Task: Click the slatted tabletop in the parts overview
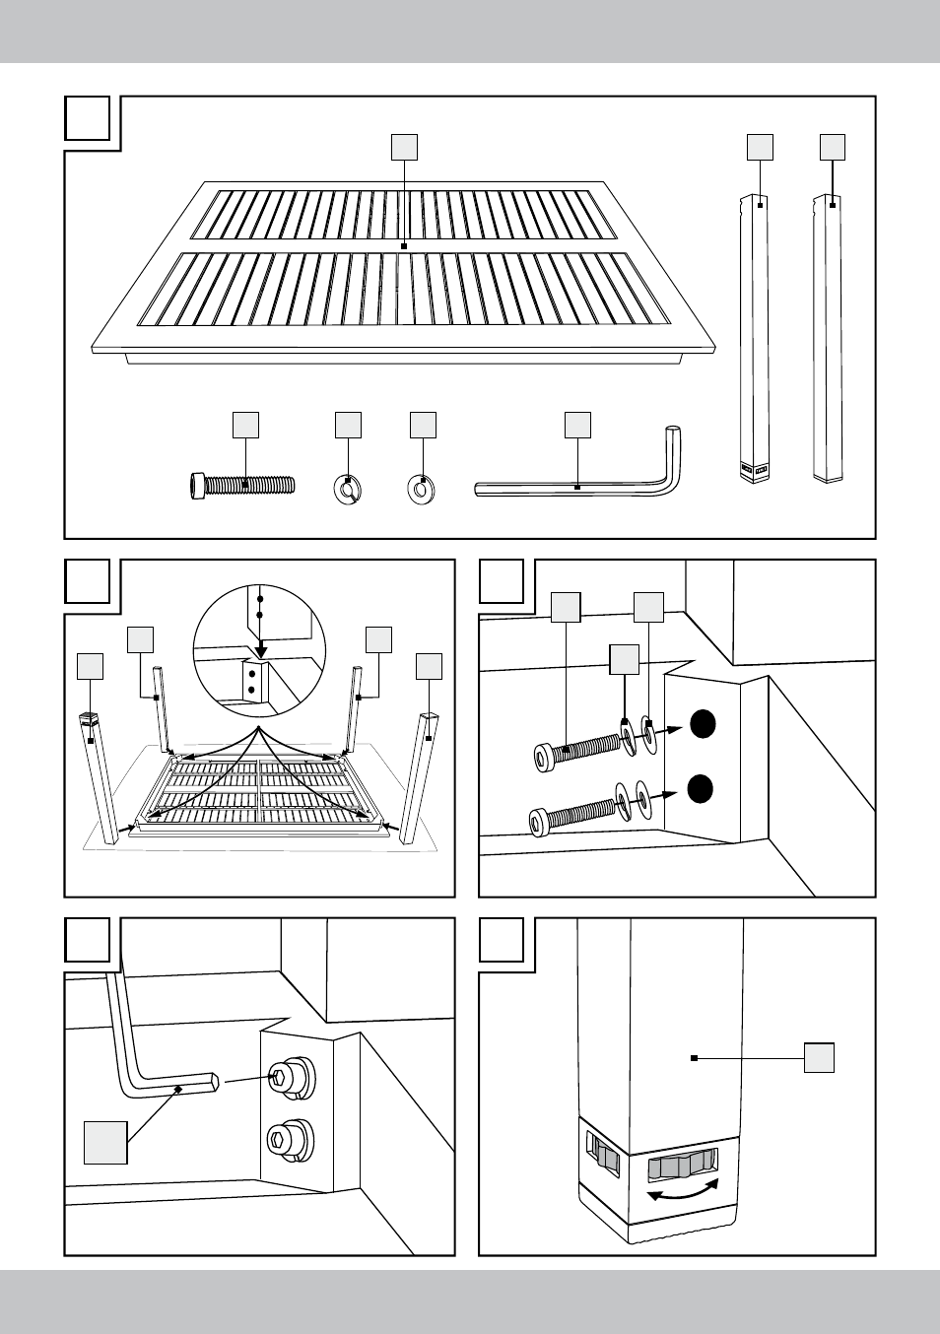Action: coord(404,266)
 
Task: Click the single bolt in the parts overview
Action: coord(242,486)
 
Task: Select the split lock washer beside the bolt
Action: coord(347,488)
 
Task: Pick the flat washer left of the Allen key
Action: coord(423,488)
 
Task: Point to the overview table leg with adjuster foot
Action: coord(756,335)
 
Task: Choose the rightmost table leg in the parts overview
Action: coord(828,335)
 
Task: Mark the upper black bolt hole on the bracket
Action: coord(701,724)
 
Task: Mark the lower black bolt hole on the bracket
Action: coord(701,789)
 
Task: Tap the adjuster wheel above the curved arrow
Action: coord(682,1167)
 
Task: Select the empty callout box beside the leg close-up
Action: coord(819,1058)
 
